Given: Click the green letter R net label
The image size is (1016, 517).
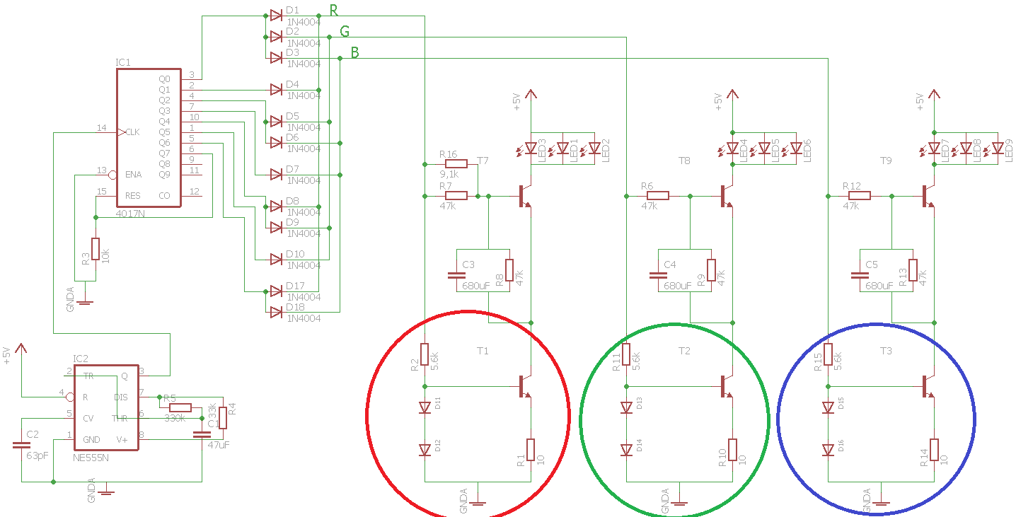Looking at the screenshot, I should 333,10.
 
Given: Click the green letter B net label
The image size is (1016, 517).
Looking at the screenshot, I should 354,53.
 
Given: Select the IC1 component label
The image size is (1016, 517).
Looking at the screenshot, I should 123,63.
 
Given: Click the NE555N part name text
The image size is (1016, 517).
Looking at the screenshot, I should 91,458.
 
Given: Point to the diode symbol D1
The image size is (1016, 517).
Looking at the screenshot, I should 276,15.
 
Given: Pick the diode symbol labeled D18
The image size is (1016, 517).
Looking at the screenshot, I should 276,312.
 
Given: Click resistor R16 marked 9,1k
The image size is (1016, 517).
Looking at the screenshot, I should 456,164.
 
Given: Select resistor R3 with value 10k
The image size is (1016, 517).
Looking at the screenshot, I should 96,249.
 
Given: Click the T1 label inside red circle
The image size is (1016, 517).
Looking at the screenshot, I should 483,351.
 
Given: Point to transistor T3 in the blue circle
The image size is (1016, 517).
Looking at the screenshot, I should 928,386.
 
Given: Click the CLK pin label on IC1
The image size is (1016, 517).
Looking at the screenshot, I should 132,132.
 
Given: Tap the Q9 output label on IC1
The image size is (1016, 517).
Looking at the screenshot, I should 165,175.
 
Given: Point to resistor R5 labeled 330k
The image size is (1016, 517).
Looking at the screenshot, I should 180,407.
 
